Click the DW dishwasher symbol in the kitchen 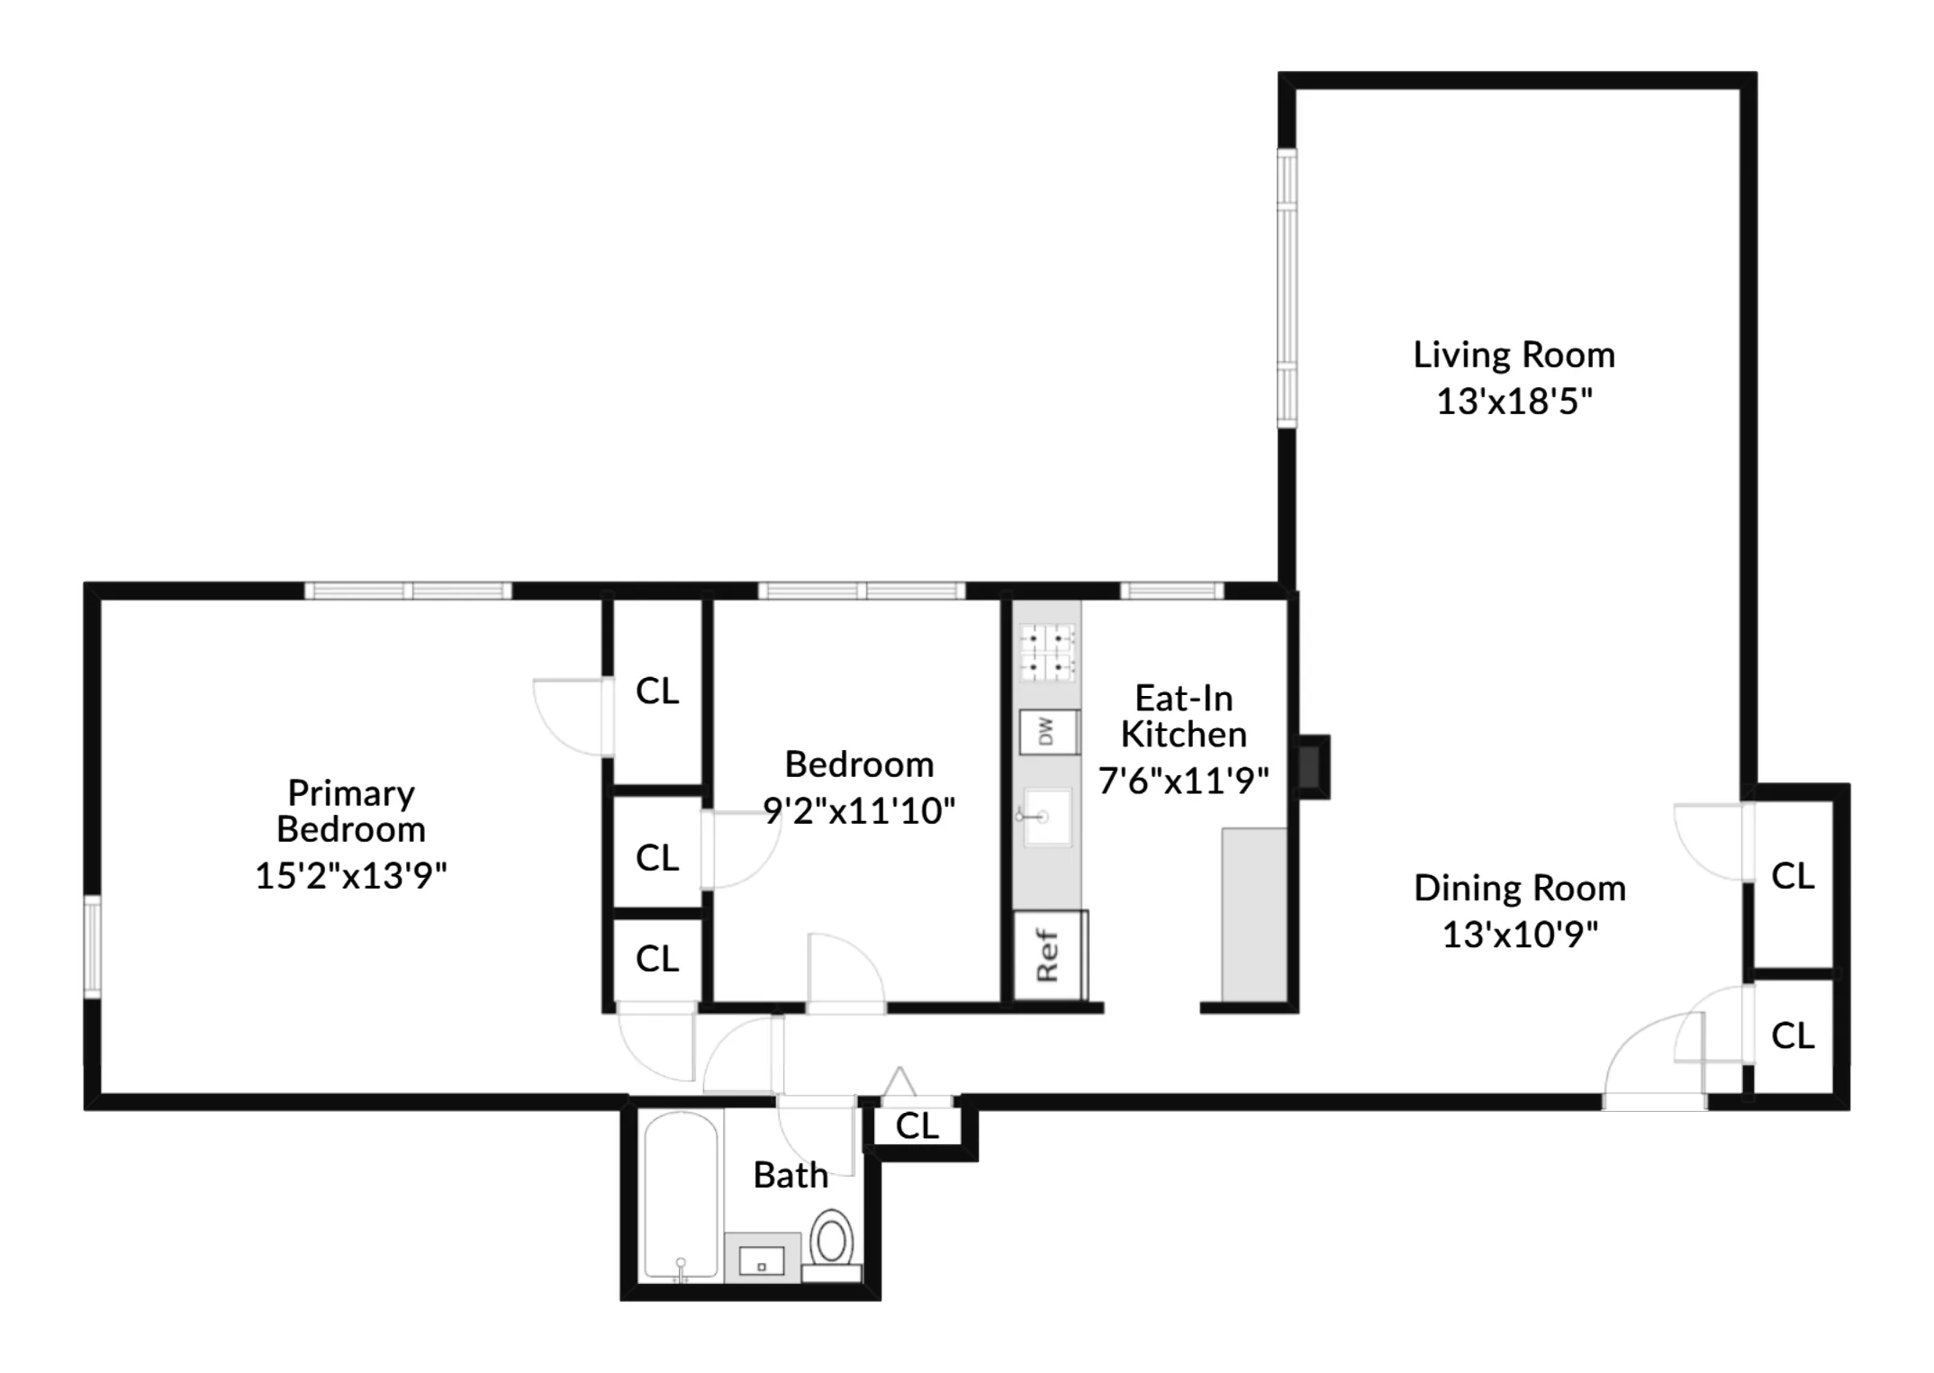[x=1048, y=732]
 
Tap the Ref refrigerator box [x=1049, y=955]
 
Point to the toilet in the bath [x=832, y=1242]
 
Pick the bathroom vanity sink [x=762, y=1258]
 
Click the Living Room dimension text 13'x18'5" [x=1514, y=402]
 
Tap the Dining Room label [x=1520, y=889]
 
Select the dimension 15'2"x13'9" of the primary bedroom [x=350, y=875]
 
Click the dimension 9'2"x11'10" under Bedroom [x=858, y=810]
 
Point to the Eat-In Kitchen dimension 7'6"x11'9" [x=1183, y=781]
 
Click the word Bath [x=791, y=1175]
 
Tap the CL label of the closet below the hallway [x=917, y=1125]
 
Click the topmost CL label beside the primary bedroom [x=657, y=691]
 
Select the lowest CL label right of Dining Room [x=1792, y=1036]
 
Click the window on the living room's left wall [x=1288, y=288]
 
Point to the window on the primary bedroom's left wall [x=92, y=945]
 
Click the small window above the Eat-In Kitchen [x=1171, y=591]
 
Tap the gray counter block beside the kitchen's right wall [x=1253, y=914]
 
